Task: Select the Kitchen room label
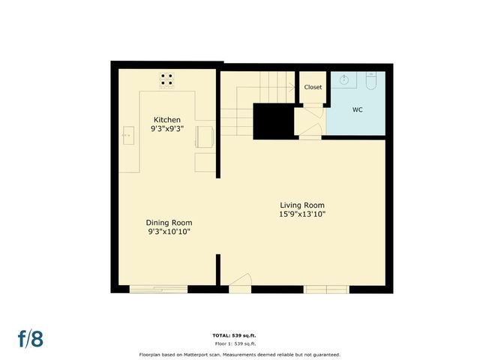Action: [x=167, y=120]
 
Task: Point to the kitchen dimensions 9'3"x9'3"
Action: [x=167, y=129]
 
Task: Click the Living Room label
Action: [x=302, y=205]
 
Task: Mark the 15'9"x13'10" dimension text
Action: [x=302, y=214]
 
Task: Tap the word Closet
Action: [x=313, y=87]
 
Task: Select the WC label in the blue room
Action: [x=358, y=109]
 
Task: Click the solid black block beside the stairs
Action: [x=272, y=121]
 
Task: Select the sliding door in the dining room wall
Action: [x=158, y=288]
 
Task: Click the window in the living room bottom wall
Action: [x=325, y=288]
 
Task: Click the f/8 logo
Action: [x=30, y=338]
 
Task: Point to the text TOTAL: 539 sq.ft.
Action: [x=239, y=334]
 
